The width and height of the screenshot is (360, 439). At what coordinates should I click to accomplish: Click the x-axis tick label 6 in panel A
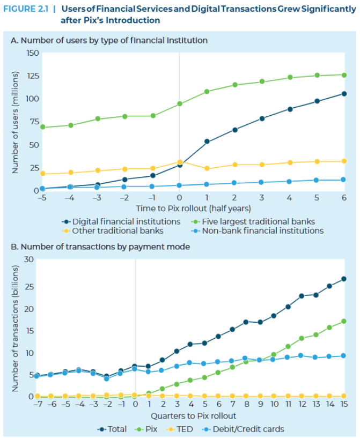[x=343, y=198]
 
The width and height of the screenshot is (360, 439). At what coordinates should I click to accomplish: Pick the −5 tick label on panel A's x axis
[x=41, y=198]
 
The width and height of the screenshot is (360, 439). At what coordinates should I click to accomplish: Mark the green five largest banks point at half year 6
[x=343, y=75]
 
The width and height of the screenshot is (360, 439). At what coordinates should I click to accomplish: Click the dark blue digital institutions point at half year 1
[x=207, y=142]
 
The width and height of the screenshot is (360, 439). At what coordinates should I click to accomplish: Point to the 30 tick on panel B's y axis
[x=29, y=259]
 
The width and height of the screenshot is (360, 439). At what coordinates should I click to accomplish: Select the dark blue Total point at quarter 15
[x=343, y=279]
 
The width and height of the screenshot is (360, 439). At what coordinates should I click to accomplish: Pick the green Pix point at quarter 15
[x=343, y=321]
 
